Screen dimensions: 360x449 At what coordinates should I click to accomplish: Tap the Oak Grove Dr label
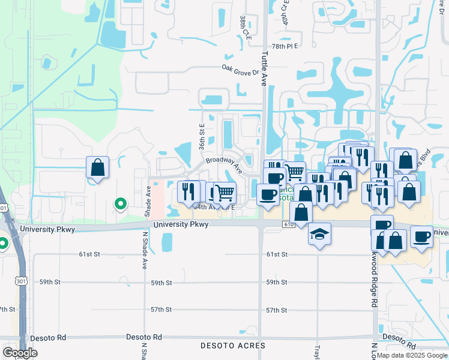click(x=240, y=70)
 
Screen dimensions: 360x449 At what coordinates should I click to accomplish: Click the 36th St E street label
click(x=202, y=137)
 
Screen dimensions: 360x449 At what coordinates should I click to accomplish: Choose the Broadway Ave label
click(x=223, y=164)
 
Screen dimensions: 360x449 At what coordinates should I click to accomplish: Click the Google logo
click(x=20, y=353)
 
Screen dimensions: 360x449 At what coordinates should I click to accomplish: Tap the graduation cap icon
click(x=319, y=234)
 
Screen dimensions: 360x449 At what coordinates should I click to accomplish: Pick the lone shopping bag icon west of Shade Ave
click(x=97, y=168)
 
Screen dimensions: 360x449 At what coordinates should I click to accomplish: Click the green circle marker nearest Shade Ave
click(x=120, y=204)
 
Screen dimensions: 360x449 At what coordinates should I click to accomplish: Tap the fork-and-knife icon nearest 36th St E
click(x=188, y=191)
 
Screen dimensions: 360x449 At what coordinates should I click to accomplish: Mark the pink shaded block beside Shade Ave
click(x=155, y=200)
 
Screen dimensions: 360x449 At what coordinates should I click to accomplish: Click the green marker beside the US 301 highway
click(x=2, y=244)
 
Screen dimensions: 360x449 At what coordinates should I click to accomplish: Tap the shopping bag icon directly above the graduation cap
click(x=301, y=212)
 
